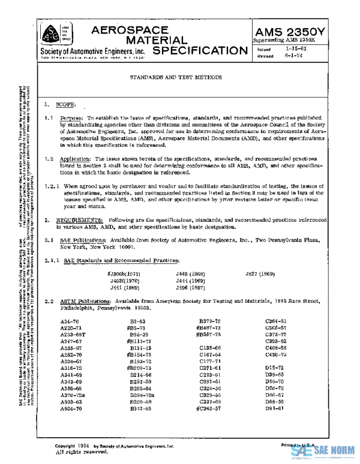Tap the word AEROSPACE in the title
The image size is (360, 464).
[126, 30]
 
